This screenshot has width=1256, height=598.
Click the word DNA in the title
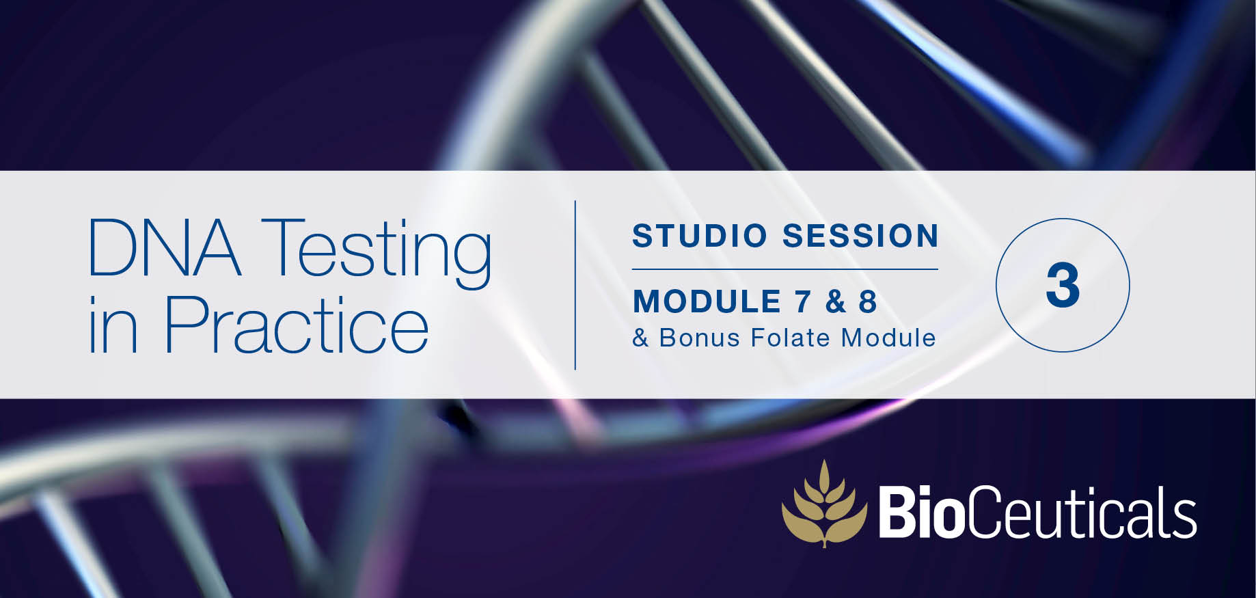click(165, 247)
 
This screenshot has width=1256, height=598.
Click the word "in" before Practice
click(113, 325)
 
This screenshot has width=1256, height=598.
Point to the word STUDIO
click(700, 236)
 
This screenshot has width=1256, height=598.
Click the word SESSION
click(861, 236)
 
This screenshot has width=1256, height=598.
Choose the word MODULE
click(707, 301)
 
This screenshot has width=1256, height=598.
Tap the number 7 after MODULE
click(803, 301)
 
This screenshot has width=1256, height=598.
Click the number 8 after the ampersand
click(868, 301)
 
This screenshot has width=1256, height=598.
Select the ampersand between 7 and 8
click(835, 301)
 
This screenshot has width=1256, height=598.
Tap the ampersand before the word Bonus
click(640, 338)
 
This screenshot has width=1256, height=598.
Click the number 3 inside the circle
click(1063, 286)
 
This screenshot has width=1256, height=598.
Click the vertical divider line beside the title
click(575, 285)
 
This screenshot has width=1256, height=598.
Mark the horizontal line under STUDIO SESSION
click(785, 269)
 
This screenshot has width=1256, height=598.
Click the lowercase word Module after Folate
click(888, 338)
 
